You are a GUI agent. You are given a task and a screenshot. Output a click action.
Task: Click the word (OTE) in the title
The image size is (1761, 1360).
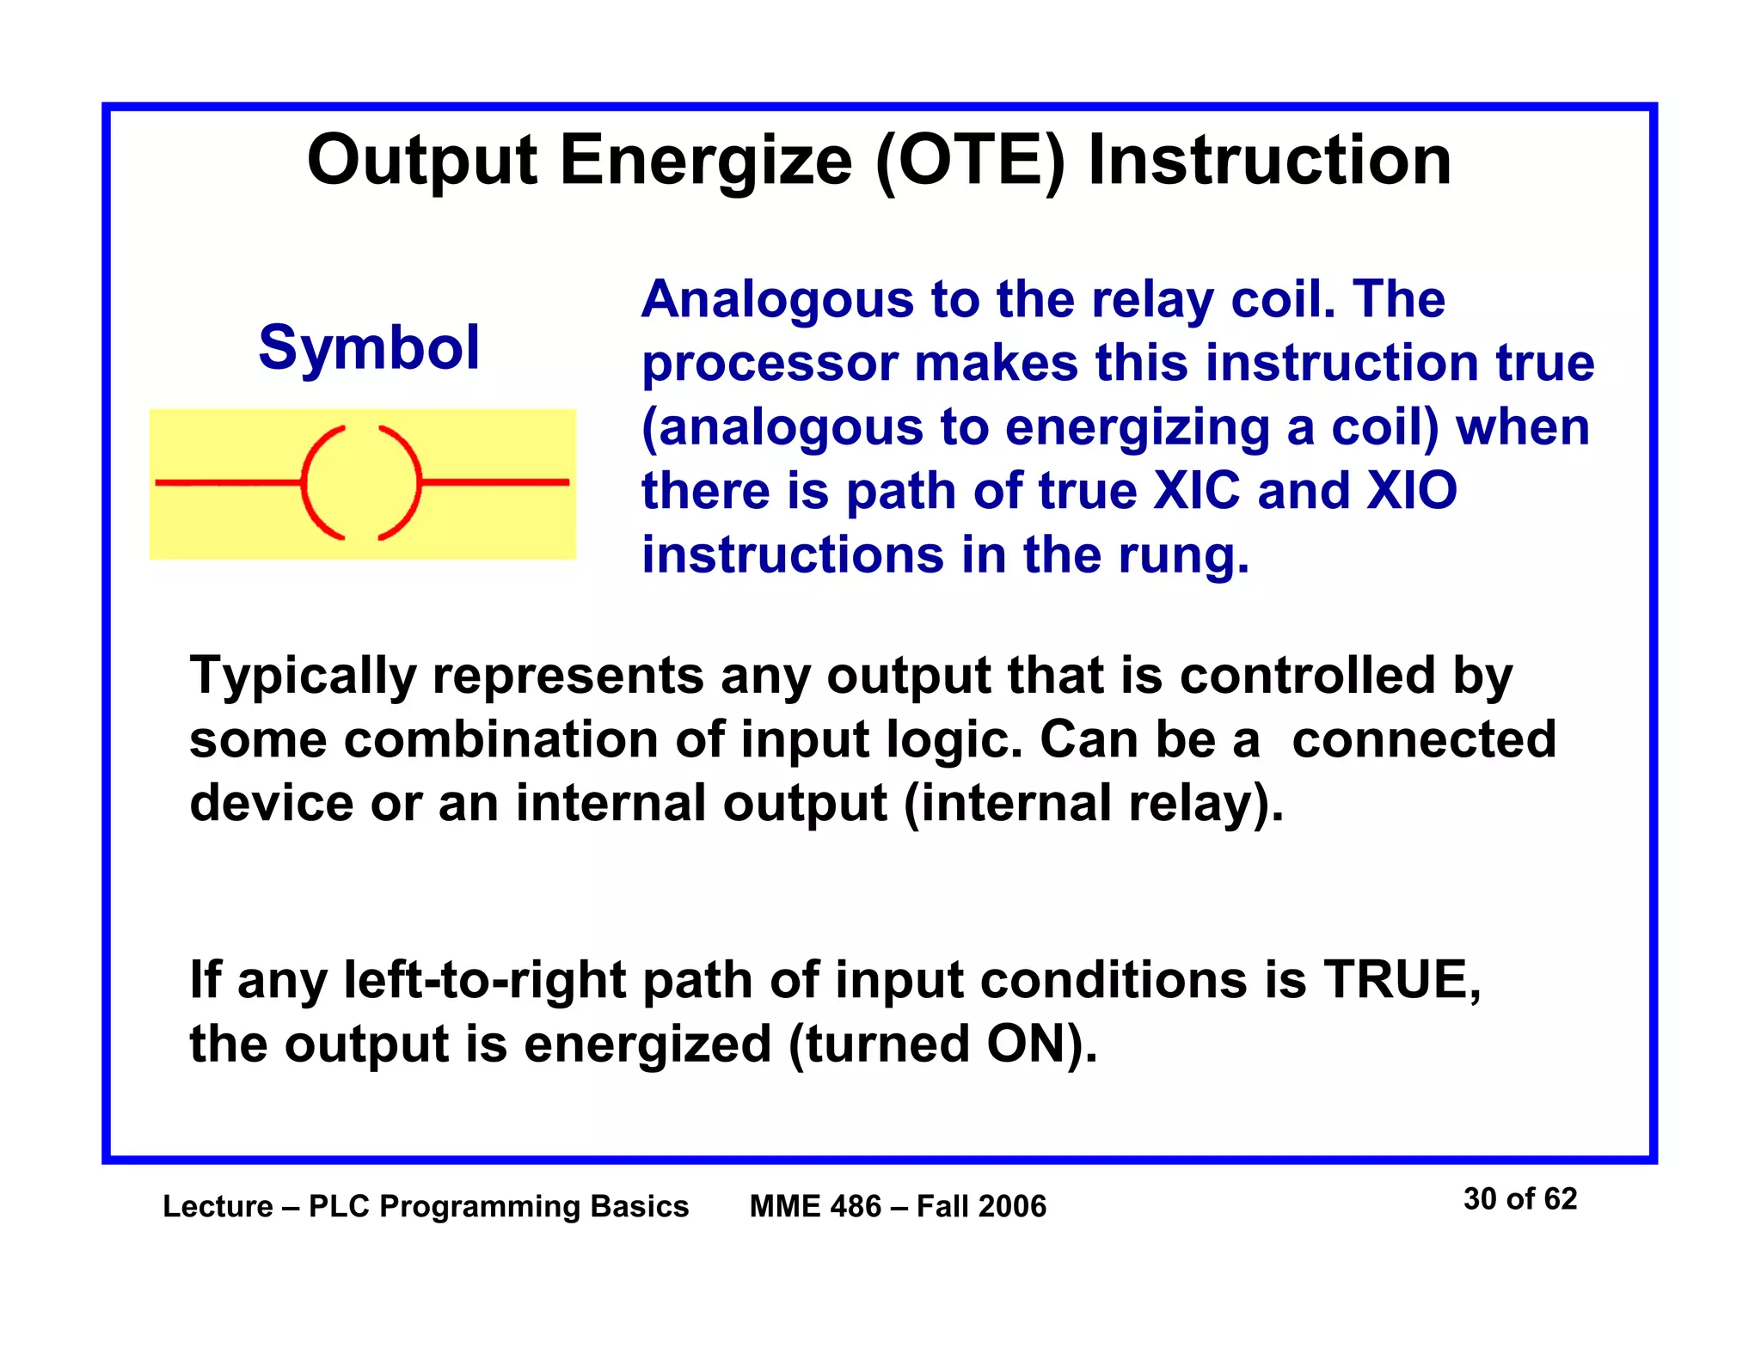point(970,162)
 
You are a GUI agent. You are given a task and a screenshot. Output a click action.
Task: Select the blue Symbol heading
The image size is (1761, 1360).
point(369,347)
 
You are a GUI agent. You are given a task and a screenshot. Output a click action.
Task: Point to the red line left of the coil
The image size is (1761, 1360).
point(228,483)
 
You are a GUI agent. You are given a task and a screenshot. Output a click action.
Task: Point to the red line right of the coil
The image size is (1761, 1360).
point(495,482)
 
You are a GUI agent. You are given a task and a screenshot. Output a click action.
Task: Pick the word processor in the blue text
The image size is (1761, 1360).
point(770,365)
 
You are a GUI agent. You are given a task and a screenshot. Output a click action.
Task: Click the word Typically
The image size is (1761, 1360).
point(303,677)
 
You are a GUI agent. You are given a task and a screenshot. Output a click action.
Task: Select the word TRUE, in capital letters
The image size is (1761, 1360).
point(1402,980)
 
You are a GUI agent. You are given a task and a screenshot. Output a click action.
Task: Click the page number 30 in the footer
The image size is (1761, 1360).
point(1480,1198)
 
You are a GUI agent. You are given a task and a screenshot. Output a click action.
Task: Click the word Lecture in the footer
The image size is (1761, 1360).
point(218,1206)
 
